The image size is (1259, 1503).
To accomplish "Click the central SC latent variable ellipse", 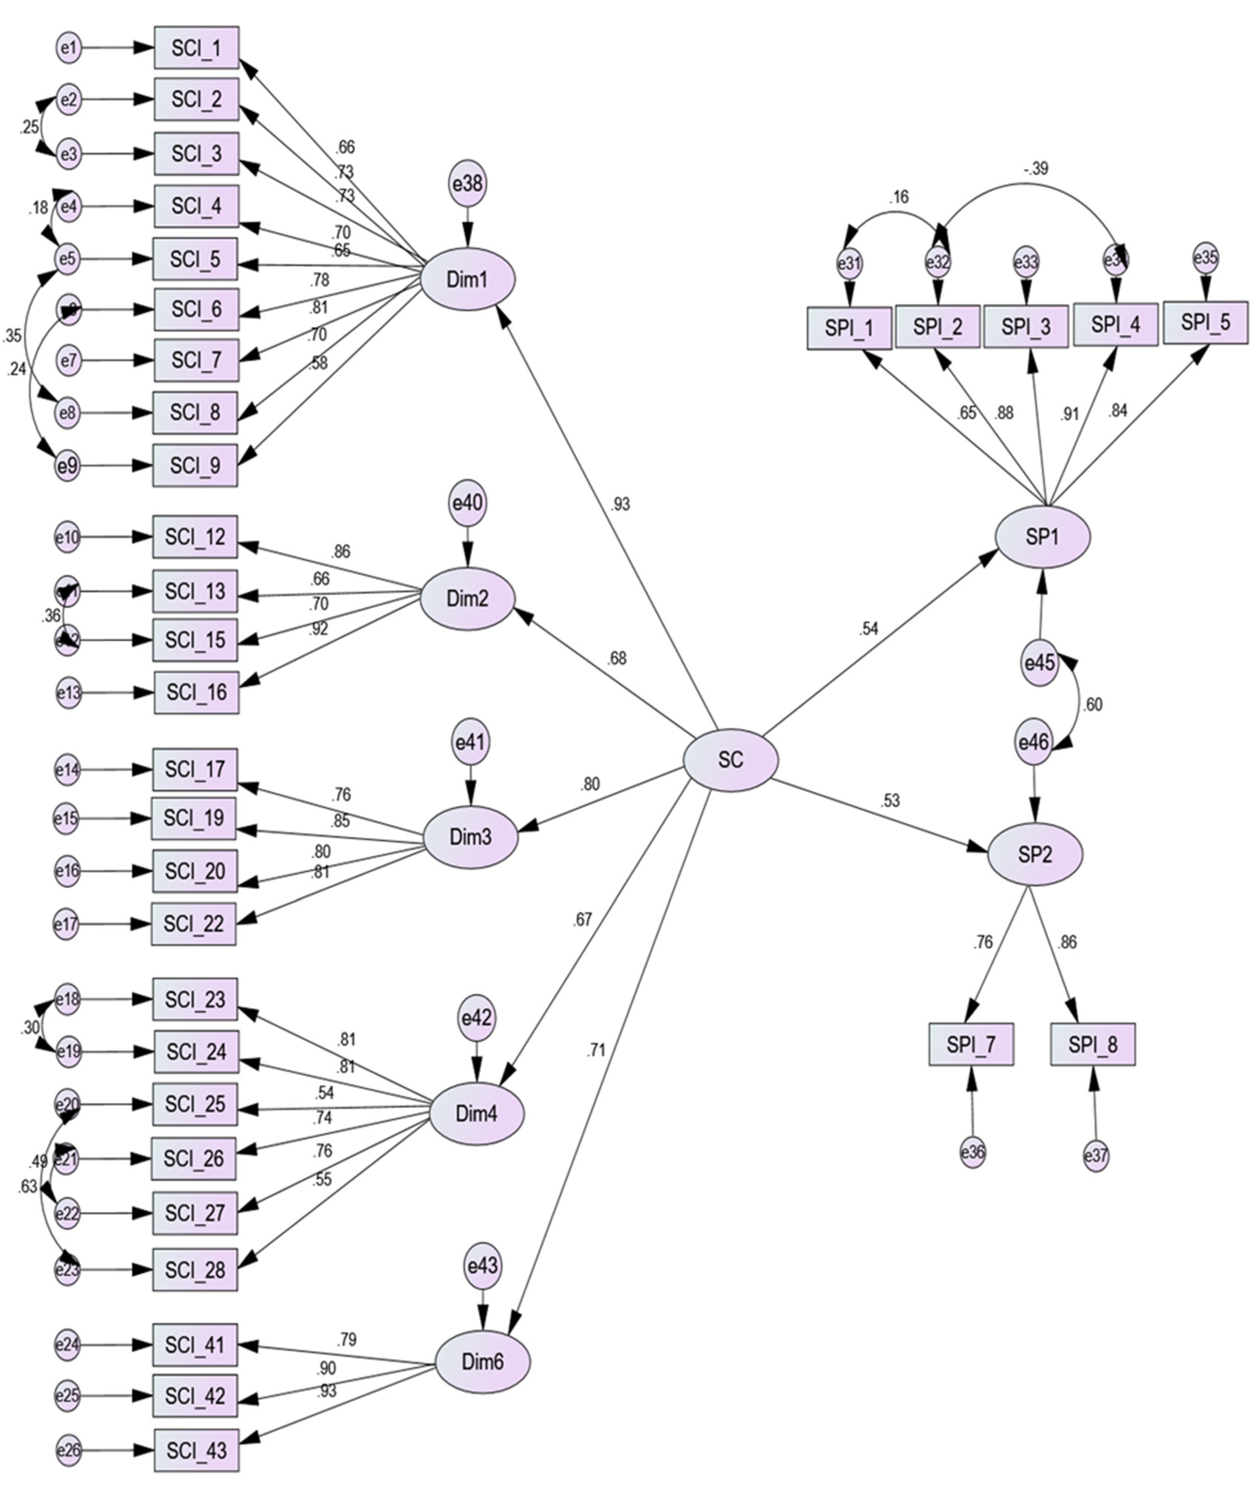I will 730,760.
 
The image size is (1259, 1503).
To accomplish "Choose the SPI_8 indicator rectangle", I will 1092,1045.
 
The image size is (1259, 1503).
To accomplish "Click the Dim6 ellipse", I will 483,1361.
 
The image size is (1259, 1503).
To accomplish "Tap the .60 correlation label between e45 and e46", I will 1092,705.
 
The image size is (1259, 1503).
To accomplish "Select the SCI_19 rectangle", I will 193,818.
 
